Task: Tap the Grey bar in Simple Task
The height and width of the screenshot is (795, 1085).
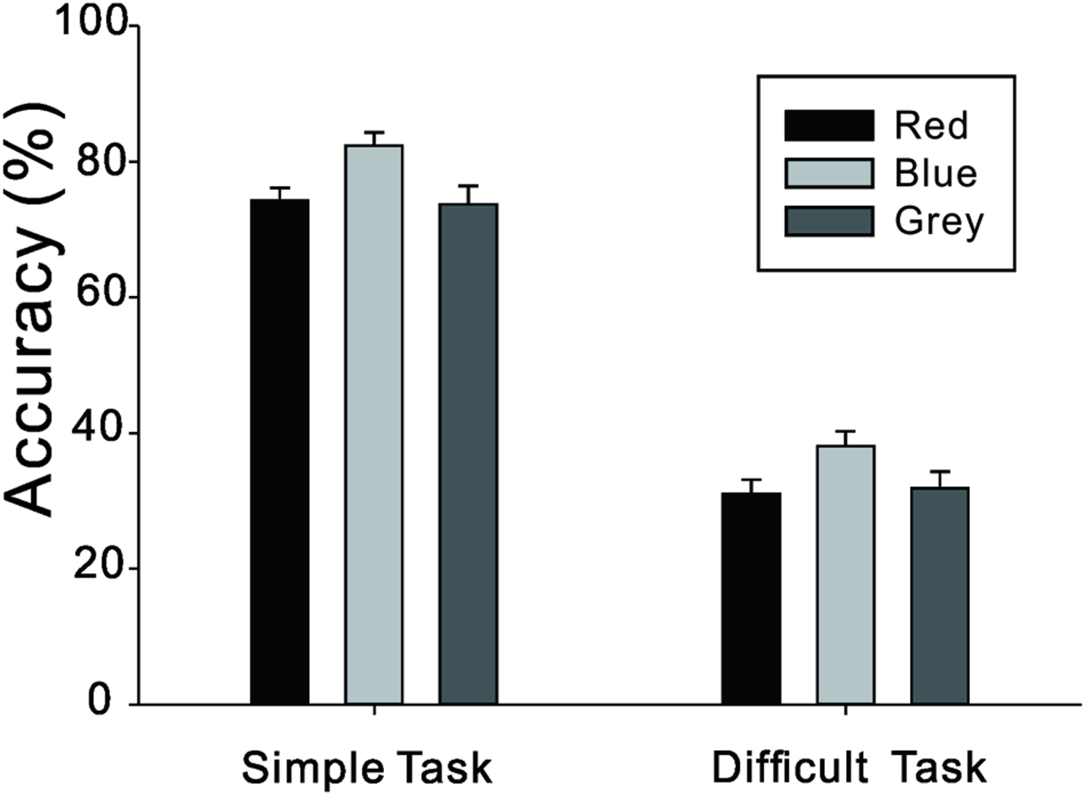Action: pos(468,453)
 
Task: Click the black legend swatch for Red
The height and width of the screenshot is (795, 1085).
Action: pos(829,126)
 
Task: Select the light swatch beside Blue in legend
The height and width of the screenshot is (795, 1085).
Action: pos(829,173)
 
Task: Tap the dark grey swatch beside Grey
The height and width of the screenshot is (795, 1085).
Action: pos(829,221)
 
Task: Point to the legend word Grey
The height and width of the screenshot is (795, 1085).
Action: pos(939,222)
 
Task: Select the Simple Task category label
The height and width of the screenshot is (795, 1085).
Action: pos(367,767)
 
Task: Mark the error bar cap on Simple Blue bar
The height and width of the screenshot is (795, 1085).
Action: pos(374,132)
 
